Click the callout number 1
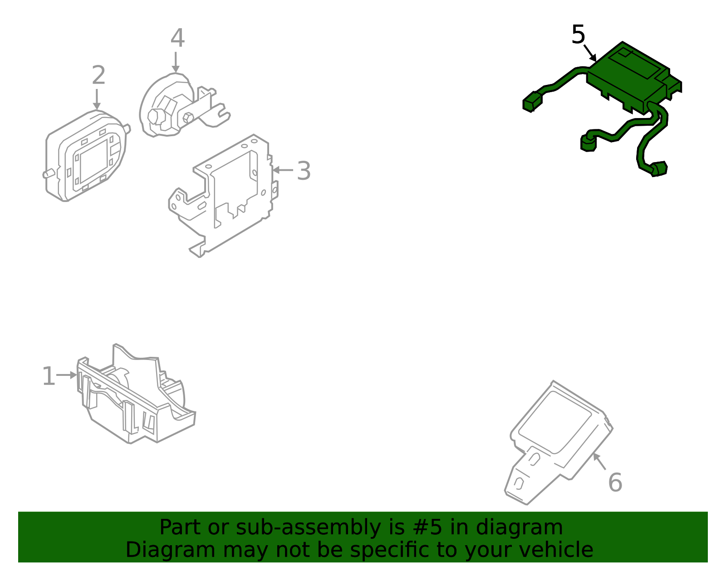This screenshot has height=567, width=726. (49, 376)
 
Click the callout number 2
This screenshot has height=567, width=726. (98, 75)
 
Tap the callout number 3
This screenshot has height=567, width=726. (304, 171)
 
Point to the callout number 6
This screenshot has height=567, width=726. (615, 483)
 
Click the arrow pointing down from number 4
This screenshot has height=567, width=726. (176, 62)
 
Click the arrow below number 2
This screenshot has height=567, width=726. (97, 99)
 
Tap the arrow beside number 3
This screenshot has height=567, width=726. (283, 170)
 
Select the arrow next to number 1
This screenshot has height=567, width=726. (67, 375)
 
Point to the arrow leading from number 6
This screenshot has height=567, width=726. (599, 461)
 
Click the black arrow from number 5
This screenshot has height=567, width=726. (590, 54)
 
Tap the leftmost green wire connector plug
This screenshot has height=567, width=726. (532, 102)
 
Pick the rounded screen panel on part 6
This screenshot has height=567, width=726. (554, 422)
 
